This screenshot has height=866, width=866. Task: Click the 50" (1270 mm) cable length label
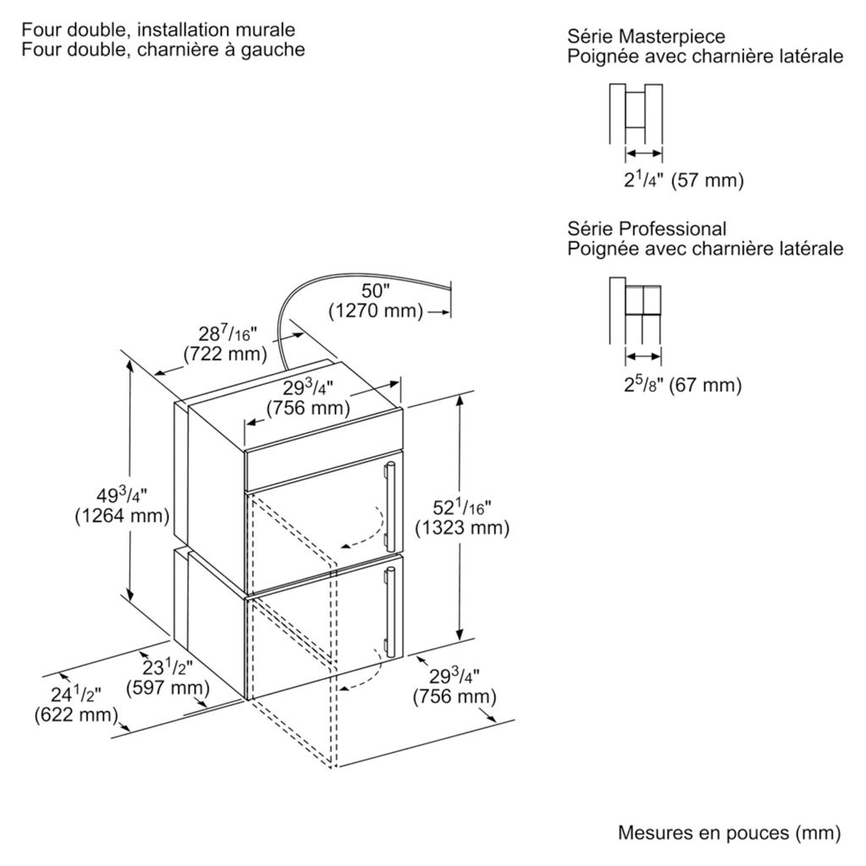coord(375,300)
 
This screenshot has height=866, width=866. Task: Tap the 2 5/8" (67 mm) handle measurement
coord(682,385)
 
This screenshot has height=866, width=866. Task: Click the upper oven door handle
coord(391,506)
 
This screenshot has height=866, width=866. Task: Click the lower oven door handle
coord(391,611)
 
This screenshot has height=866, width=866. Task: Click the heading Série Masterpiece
coord(646,37)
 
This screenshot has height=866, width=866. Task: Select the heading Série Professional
coord(647,229)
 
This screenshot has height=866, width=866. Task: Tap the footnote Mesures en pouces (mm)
coord(729,833)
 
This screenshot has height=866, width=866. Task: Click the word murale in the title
coord(265,30)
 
